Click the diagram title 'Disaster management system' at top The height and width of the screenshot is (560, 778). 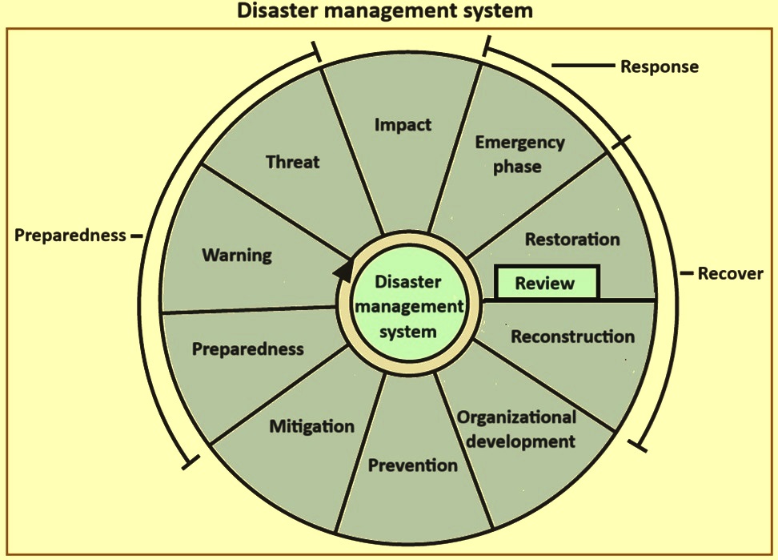(384, 10)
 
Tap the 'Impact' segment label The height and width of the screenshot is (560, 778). (403, 125)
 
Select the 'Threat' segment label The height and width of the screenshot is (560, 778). (293, 162)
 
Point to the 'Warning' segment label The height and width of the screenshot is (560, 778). (237, 256)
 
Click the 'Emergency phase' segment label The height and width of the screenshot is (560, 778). (519, 155)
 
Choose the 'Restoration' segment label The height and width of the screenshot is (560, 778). (572, 240)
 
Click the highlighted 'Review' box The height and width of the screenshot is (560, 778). (547, 283)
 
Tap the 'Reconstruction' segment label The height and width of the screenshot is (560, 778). (572, 336)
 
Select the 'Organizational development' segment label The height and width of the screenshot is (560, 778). (517, 429)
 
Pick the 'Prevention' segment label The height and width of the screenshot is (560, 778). (413, 465)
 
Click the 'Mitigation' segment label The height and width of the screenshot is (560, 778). (312, 426)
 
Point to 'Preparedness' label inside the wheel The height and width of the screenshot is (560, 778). (248, 349)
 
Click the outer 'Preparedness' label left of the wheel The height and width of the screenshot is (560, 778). (70, 235)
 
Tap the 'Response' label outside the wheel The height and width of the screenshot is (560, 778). (660, 66)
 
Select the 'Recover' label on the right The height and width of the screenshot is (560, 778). (730, 273)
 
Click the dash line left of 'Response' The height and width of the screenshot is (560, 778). (583, 65)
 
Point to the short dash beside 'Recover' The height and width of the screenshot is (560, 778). (687, 273)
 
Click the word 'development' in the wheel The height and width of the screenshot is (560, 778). (521, 441)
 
